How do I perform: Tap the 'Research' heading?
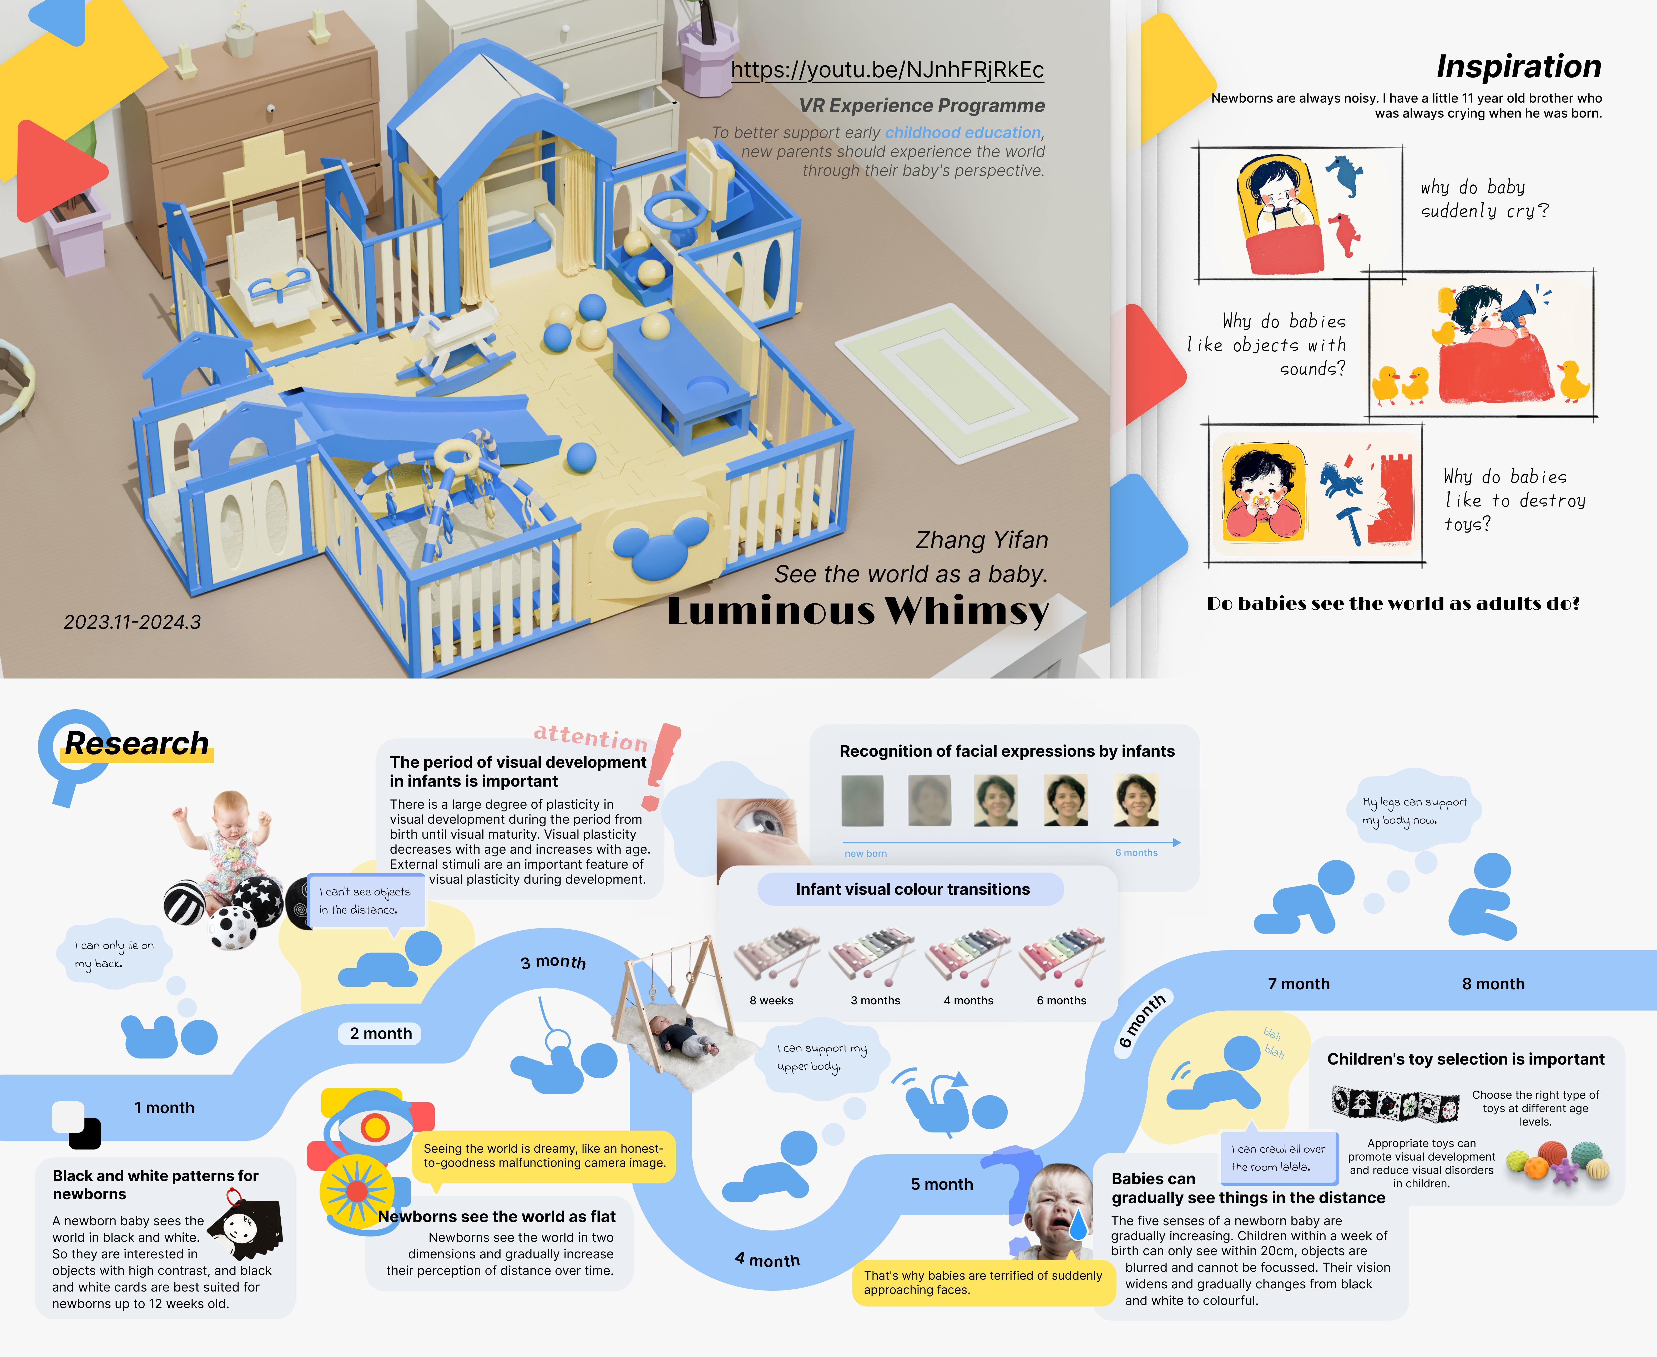(x=137, y=743)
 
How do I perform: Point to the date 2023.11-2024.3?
(x=132, y=622)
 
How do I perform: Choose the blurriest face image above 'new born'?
(x=862, y=801)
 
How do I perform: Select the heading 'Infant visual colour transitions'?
(x=912, y=890)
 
